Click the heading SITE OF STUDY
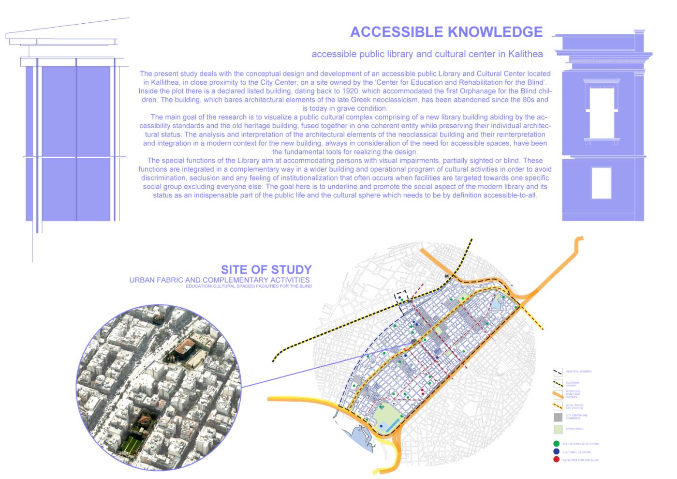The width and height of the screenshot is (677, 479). (266, 269)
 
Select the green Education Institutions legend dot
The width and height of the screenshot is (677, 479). (557, 443)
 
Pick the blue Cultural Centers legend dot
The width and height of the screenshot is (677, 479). (557, 452)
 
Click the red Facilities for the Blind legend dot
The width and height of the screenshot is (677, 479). (557, 460)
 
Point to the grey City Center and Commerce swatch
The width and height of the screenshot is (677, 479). (558, 416)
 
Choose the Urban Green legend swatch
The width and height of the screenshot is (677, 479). (558, 429)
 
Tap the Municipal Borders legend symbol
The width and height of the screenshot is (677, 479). (558, 372)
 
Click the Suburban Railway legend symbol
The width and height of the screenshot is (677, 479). (558, 383)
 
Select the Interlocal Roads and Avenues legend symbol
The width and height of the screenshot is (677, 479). (558, 394)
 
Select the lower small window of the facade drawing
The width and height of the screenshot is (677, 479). (601, 183)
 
